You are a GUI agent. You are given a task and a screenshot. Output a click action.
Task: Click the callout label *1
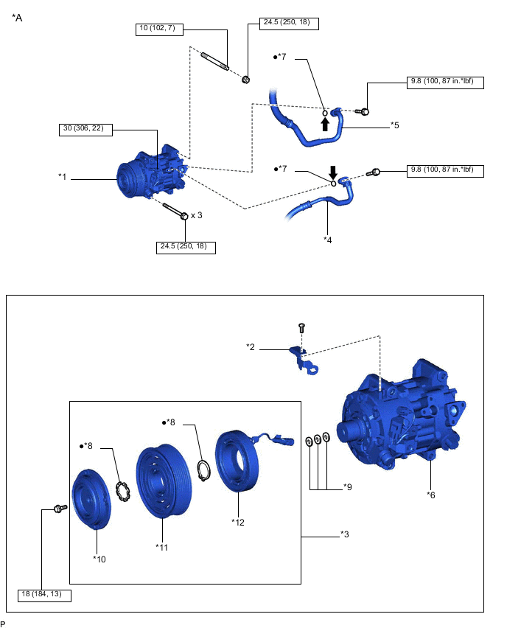click(63, 177)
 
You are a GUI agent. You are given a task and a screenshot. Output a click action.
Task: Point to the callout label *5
click(395, 125)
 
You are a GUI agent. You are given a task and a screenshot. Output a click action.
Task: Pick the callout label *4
click(327, 239)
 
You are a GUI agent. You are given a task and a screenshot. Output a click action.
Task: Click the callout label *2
click(251, 345)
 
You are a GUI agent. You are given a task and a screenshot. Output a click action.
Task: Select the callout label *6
click(430, 495)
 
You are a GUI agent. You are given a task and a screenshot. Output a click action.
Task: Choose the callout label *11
click(161, 546)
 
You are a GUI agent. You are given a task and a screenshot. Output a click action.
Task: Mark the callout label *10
click(99, 559)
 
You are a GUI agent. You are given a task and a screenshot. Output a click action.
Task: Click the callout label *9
click(348, 487)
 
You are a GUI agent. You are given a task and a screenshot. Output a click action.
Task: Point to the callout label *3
click(344, 534)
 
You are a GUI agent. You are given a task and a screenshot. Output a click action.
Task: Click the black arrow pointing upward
click(324, 123)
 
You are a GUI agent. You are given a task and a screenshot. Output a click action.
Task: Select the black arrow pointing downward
click(333, 172)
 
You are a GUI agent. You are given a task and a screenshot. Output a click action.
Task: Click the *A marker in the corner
click(18, 18)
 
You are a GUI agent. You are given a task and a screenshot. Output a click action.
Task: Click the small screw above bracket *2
click(301, 327)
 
